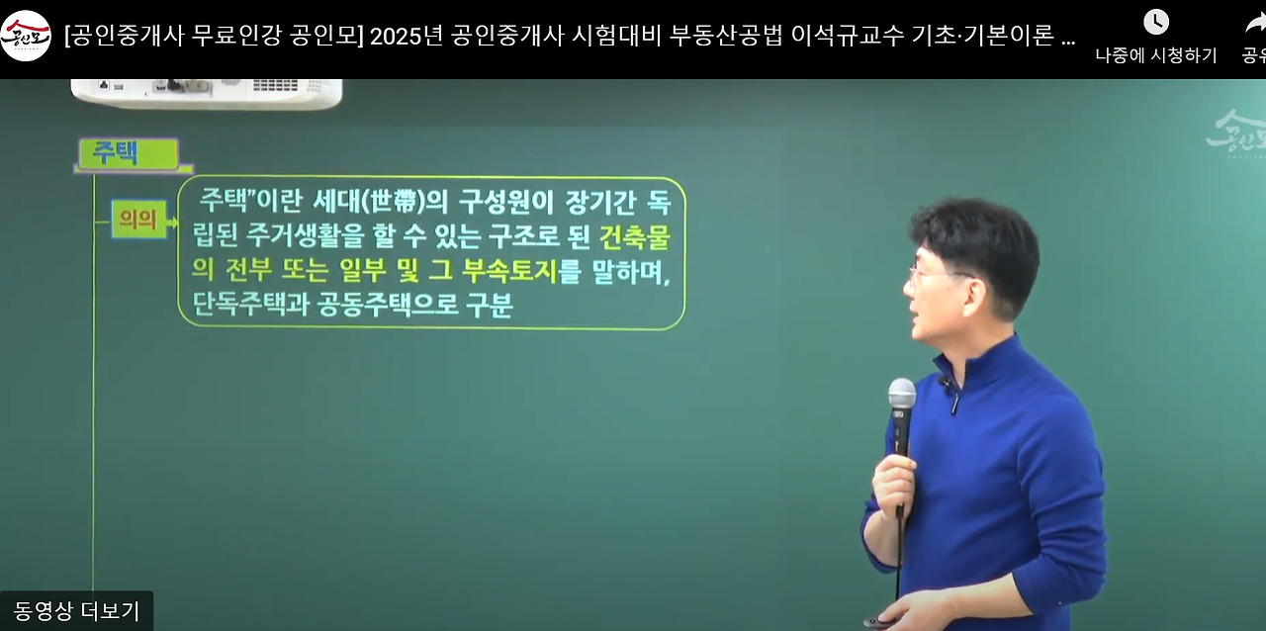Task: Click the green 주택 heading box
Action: [x=129, y=153]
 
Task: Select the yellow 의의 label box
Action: [x=138, y=220]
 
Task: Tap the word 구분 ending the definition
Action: [x=490, y=305]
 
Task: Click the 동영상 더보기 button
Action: [x=76, y=611]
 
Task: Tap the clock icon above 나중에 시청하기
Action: [x=1156, y=22]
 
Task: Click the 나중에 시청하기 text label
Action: [x=1156, y=56]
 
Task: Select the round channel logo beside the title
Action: [x=26, y=37]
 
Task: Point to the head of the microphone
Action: [x=901, y=394]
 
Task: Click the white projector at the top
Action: [x=206, y=92]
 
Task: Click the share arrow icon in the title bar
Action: [x=1254, y=23]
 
